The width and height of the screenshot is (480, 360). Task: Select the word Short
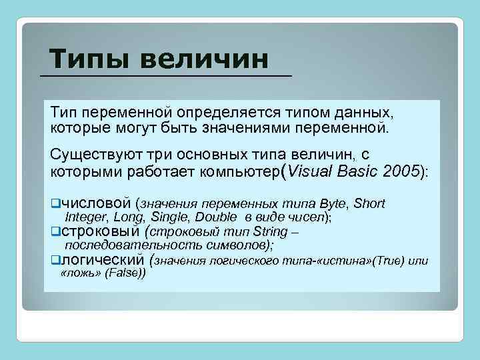(369, 203)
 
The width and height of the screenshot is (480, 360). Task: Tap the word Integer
(87, 217)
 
